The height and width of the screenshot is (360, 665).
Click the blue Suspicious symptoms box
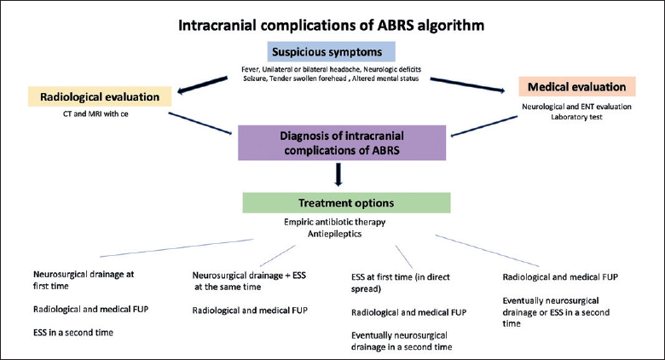332,52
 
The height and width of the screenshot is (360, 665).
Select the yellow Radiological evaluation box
100,96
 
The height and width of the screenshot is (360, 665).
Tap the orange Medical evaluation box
577,87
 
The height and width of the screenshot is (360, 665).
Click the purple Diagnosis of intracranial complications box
342,142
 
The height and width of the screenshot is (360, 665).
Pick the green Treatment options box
346,203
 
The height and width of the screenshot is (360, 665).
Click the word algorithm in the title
451,26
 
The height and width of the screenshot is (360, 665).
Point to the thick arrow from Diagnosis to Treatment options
338,175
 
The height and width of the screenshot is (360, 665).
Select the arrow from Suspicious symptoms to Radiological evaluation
203,85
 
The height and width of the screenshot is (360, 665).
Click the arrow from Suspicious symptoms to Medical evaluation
467,84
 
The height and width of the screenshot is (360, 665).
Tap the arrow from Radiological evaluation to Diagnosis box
200,123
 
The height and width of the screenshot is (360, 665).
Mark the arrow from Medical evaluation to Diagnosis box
484,126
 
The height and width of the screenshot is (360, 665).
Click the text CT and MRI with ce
95,113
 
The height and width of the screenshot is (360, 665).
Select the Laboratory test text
576,117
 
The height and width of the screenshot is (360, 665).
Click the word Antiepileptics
334,234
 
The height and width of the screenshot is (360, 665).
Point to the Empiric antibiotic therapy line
334,222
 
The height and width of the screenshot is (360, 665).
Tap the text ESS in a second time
73,333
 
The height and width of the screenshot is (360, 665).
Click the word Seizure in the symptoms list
254,78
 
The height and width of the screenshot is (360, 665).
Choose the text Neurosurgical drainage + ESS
249,275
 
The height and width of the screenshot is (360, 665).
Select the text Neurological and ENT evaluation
576,107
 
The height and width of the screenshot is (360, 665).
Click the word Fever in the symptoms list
250,69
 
